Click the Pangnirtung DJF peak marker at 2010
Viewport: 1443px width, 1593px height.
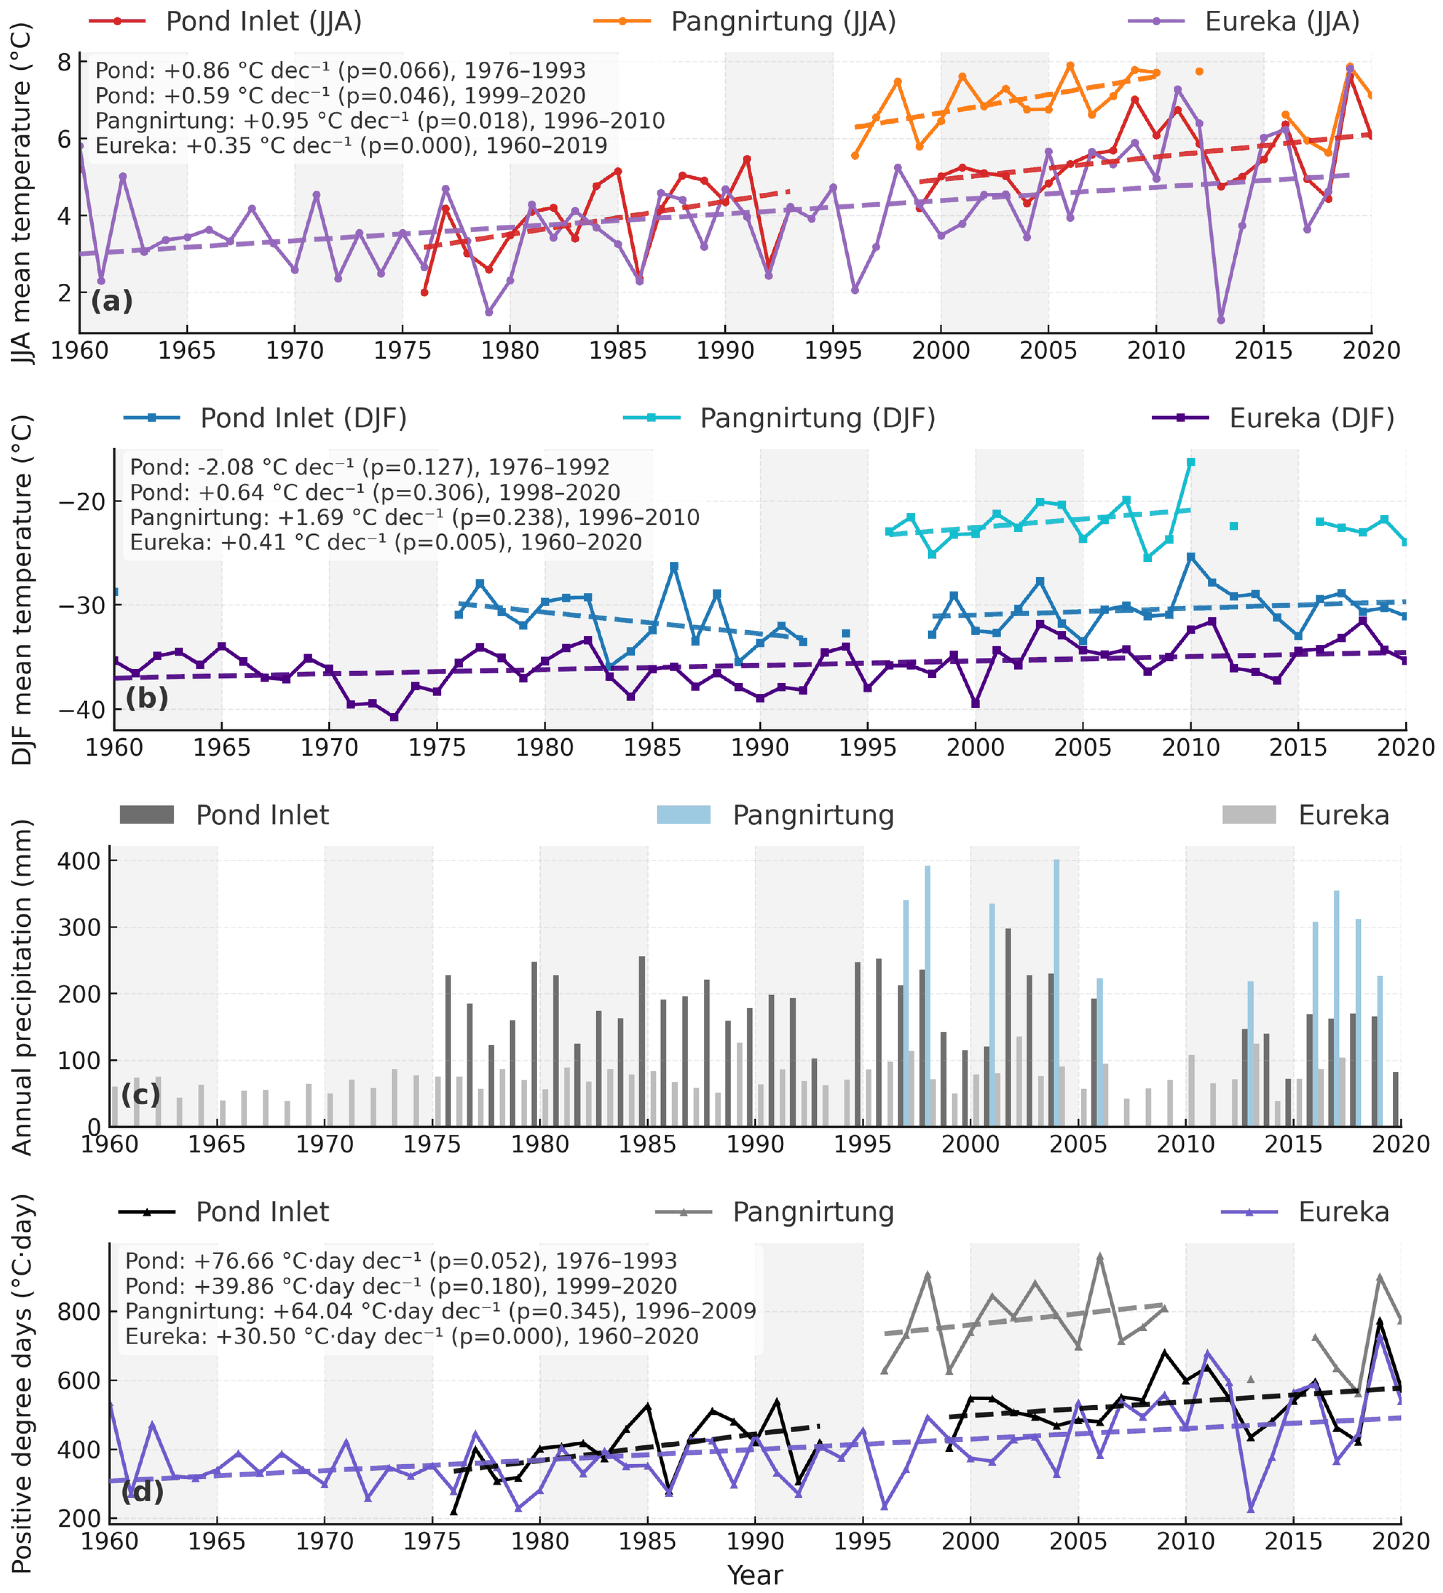[x=1191, y=462]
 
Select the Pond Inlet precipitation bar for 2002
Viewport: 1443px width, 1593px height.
[x=1008, y=1027]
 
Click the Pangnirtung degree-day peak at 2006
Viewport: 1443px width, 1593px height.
[x=1099, y=1256]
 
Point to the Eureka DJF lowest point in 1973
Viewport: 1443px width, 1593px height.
[x=394, y=717]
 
